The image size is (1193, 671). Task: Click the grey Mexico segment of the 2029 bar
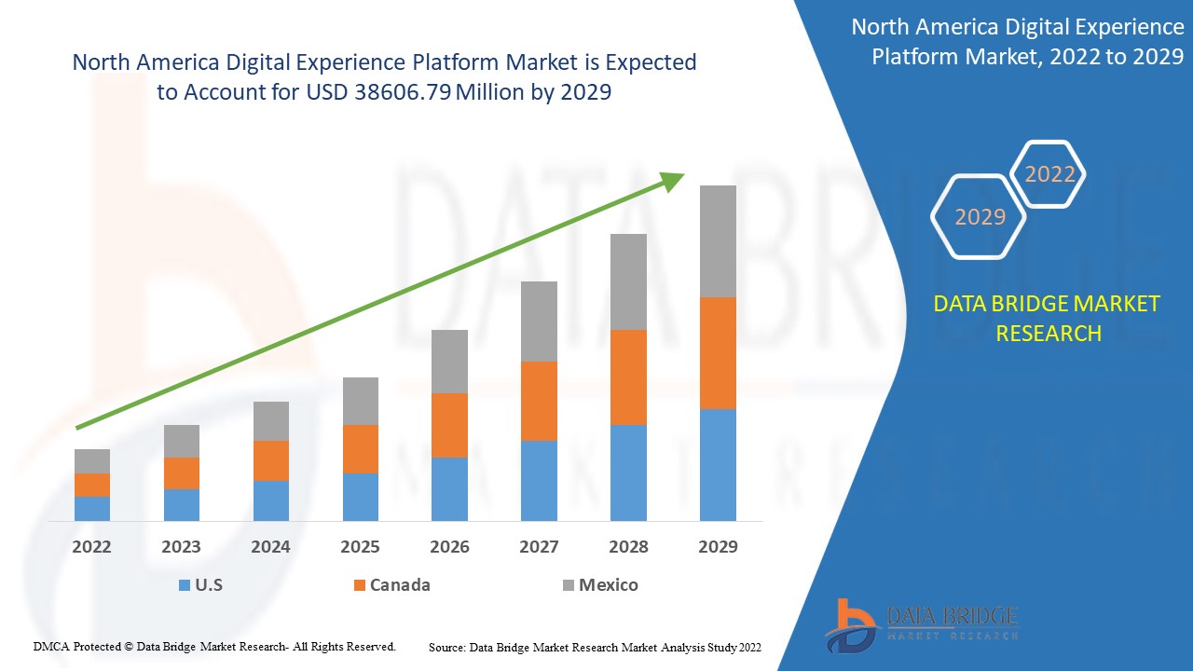click(718, 240)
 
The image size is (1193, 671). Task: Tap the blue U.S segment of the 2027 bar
click(539, 480)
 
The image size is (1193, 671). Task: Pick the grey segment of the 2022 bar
click(92, 460)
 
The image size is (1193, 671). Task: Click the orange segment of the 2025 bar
click(361, 448)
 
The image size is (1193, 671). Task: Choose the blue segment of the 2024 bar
click(271, 500)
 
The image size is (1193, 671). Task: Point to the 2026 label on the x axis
click(449, 547)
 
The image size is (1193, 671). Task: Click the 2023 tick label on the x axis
click(181, 547)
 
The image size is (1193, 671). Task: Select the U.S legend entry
click(200, 585)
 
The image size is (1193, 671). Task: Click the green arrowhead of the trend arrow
click(672, 181)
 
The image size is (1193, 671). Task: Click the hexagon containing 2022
click(1049, 174)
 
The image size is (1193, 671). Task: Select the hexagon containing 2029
click(980, 217)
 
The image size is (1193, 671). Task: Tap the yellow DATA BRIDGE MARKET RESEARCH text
click(1048, 318)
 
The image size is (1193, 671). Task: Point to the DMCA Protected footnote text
click(214, 646)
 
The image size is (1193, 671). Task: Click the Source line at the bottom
click(595, 647)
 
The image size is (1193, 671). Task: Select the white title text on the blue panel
click(1017, 42)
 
